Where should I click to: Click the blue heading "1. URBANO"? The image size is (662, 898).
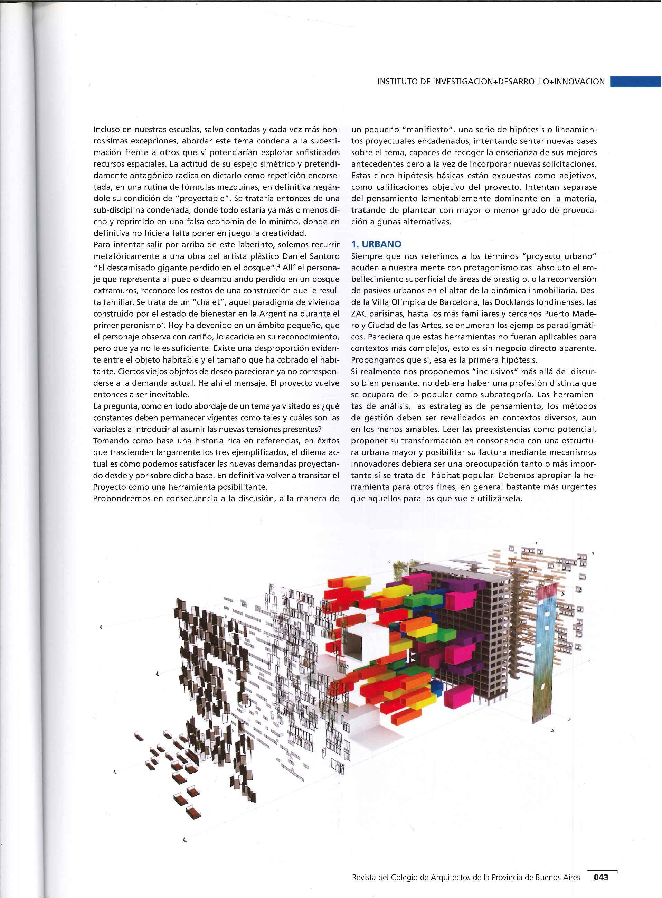[x=376, y=244]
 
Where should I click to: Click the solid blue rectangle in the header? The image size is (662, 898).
[x=635, y=82]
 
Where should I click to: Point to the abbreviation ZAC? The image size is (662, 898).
[x=359, y=313]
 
